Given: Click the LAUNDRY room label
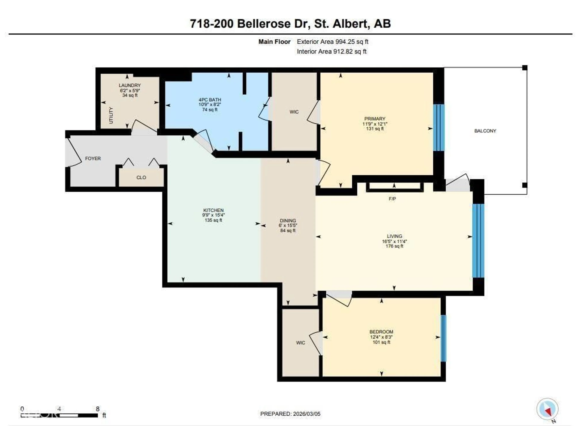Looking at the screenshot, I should point(130,85).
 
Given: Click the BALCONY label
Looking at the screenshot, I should point(485,131).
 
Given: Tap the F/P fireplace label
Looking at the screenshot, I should point(392,199).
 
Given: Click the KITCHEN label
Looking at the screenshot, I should point(213,210).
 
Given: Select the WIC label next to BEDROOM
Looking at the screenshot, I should point(300,343).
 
